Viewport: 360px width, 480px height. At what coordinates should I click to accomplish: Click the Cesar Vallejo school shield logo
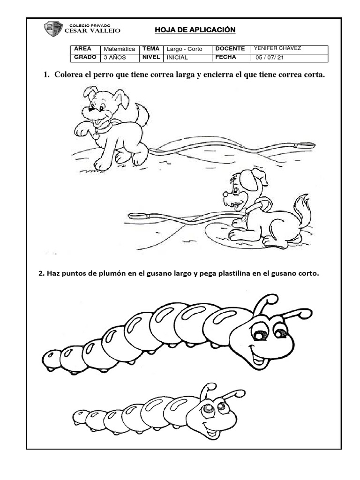(x=53, y=29)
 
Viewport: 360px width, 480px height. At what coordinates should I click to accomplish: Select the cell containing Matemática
(x=119, y=49)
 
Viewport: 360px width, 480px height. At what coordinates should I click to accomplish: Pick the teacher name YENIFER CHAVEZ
(x=277, y=48)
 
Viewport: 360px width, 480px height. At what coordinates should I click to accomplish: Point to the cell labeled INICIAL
(x=177, y=57)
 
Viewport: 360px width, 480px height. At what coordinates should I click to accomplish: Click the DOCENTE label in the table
(x=230, y=49)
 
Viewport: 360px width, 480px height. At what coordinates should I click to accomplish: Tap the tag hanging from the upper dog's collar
(x=96, y=136)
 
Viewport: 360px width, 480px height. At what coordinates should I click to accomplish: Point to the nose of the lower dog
(x=225, y=193)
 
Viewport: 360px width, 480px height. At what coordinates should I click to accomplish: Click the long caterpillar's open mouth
(x=258, y=359)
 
